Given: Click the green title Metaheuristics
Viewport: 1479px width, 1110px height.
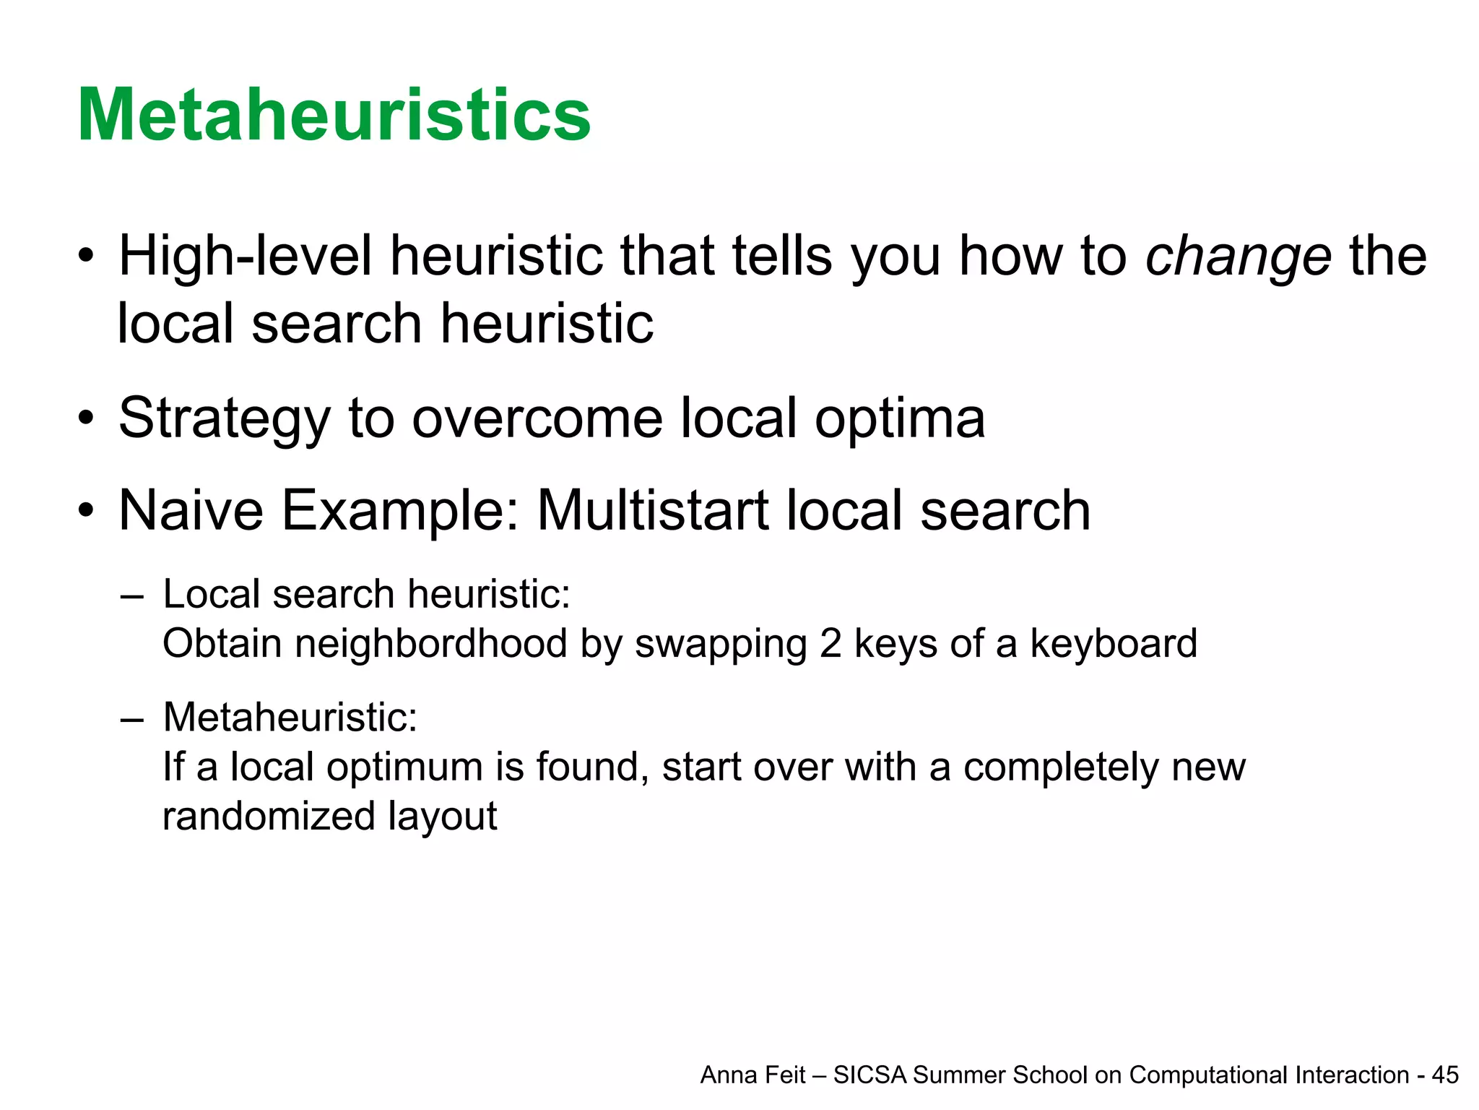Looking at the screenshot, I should pos(334,116).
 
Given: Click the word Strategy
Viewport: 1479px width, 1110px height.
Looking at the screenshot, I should pos(224,419).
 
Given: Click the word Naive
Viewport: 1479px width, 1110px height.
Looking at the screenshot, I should pos(191,510).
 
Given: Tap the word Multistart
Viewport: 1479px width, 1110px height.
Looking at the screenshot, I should pos(652,510).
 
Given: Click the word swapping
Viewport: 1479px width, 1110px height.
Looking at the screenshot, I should pos(720,645).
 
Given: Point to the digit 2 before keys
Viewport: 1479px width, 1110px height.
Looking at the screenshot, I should pos(830,643).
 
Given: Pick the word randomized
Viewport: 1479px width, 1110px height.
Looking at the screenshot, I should pos(269,817).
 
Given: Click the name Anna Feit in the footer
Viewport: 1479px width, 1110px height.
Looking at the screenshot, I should pos(752,1075).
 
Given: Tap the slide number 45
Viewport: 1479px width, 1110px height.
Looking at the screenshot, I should pos(1445,1075).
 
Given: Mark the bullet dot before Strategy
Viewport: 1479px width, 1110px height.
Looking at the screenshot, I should pos(87,419).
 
